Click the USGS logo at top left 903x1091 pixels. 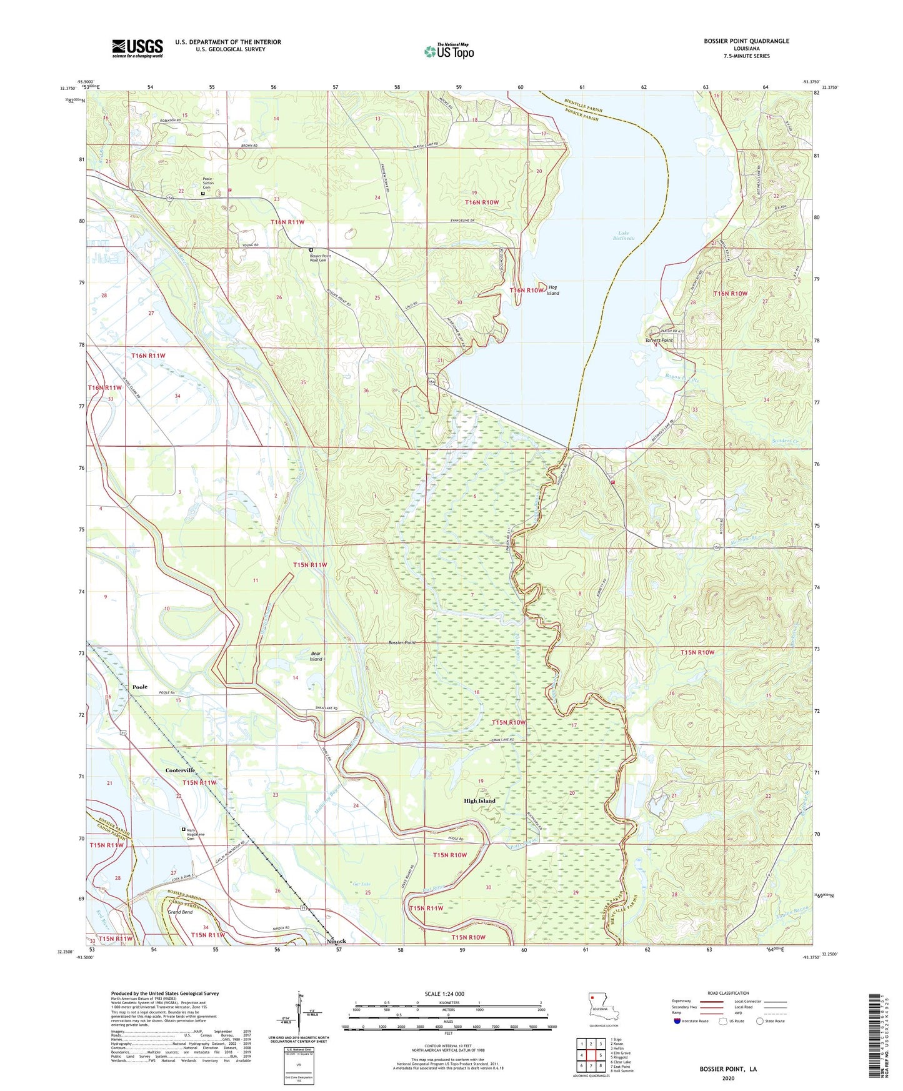point(137,48)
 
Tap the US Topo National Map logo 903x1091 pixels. point(449,51)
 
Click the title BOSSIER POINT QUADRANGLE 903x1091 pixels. point(746,41)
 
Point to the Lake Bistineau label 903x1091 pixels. point(624,236)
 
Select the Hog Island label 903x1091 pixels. point(552,290)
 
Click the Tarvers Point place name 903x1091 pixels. point(659,341)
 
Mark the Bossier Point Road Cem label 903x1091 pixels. point(320,258)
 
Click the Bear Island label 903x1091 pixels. point(316,656)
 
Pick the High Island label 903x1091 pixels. point(479,800)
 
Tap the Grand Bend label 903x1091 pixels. point(180,912)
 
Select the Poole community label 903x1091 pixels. point(140,687)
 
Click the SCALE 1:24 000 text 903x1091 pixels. point(444,994)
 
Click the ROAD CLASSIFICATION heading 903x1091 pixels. point(729,993)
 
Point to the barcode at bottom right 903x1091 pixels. point(876,1038)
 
